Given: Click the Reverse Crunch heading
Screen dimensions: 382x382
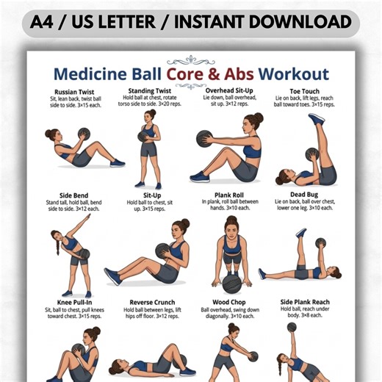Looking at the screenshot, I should click(x=151, y=302).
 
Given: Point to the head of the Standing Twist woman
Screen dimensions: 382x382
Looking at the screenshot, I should click(x=151, y=116).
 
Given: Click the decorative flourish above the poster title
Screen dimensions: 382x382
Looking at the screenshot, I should click(x=190, y=59).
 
